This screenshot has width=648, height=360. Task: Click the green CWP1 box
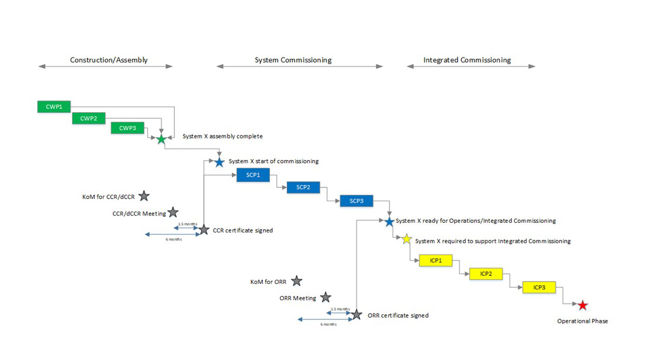point(54,106)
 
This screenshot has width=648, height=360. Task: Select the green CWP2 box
point(89,118)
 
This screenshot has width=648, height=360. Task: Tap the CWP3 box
point(128,128)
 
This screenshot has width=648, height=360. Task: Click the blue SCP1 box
point(253,175)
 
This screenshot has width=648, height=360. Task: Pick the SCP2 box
point(303,187)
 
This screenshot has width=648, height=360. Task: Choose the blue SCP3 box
point(356,201)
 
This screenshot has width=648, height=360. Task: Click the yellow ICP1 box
point(436,261)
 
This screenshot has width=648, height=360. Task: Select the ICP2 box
point(486,274)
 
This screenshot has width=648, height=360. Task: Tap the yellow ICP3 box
point(539,287)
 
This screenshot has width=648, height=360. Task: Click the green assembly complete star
point(161,139)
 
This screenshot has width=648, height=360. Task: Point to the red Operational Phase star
point(583,305)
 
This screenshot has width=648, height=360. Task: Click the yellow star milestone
point(406,239)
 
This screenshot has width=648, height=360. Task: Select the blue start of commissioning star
point(220,163)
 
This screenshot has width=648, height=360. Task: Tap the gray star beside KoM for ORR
point(296,281)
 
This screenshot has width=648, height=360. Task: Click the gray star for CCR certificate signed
point(203,230)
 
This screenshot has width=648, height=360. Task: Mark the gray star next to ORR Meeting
point(326,297)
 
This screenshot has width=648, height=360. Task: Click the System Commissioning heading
point(293,60)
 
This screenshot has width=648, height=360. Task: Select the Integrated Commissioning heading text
point(467,60)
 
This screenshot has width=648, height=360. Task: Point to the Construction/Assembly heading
point(108,60)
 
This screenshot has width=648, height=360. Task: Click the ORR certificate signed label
point(397,315)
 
